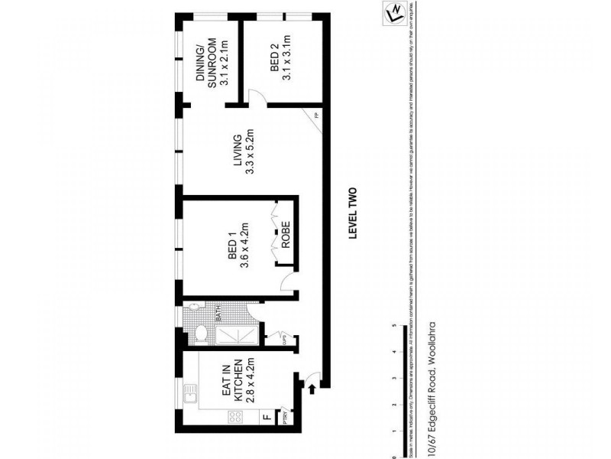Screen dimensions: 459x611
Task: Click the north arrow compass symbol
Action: pyautogui.click(x=395, y=13)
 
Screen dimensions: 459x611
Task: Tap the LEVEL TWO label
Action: pyautogui.click(x=353, y=215)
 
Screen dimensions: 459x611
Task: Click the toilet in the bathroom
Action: pyautogui.click(x=201, y=334)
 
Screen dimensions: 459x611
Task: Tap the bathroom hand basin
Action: pyautogui.click(x=196, y=307)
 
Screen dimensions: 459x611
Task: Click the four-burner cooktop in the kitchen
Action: pyautogui.click(x=237, y=418)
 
